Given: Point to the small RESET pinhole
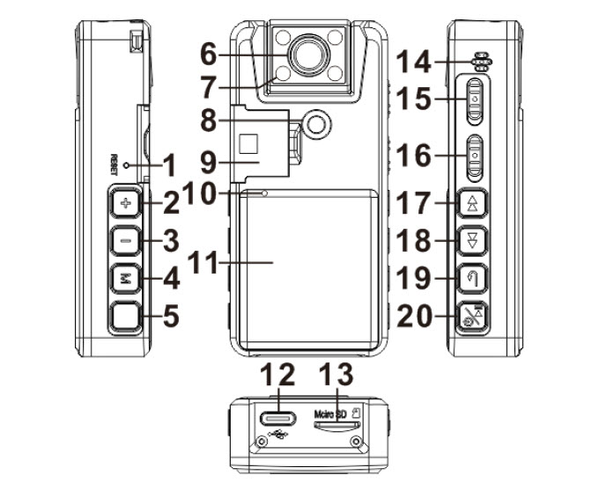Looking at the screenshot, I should coord(128,165).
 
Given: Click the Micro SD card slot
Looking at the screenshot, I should coord(336,423).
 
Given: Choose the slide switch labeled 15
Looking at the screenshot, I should coord(475,101).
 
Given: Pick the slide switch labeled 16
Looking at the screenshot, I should coord(475,156).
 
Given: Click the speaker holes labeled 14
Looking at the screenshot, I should coord(480,62).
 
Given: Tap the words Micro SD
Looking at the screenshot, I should coord(330,411).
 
